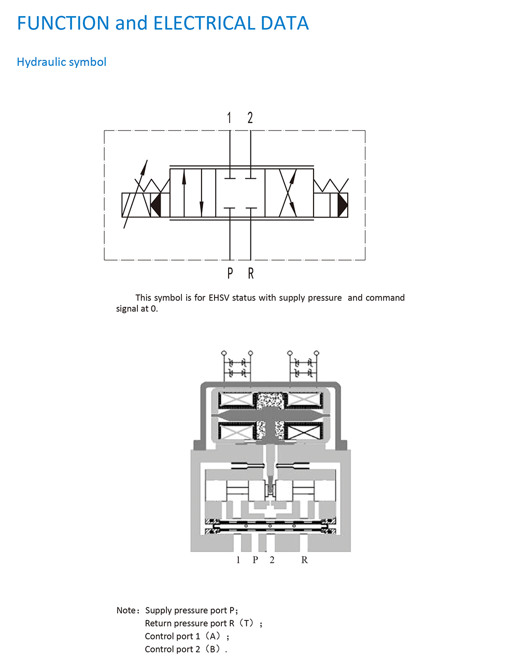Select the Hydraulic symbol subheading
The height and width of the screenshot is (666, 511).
click(61, 62)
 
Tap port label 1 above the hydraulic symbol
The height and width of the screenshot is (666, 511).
click(229, 118)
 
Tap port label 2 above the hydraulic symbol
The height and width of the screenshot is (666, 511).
click(250, 118)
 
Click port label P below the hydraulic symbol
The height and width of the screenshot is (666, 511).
click(230, 273)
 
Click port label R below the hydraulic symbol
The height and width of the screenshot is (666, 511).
click(251, 273)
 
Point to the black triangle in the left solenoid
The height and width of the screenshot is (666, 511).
click(156, 205)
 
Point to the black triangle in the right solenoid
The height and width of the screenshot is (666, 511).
click(342, 205)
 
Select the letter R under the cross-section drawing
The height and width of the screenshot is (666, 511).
click(304, 560)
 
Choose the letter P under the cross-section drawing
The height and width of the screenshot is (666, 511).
click(255, 560)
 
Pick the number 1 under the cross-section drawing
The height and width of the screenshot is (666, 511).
click(238, 560)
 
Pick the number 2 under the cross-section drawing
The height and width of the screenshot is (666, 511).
click(272, 560)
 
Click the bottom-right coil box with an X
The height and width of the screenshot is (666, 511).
click(304, 432)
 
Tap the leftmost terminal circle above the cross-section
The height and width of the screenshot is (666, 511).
click(224, 353)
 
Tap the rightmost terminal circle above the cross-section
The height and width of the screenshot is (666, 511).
click(317, 353)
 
